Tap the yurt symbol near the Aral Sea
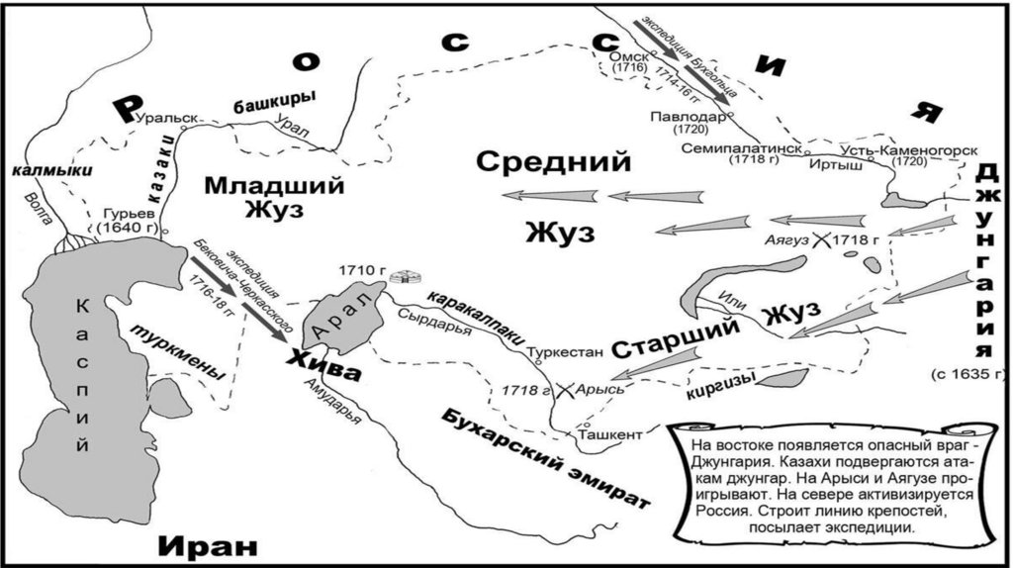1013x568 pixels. [x=401, y=277]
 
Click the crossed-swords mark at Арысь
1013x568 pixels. [x=565, y=390]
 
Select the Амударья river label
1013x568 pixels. [x=331, y=402]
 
